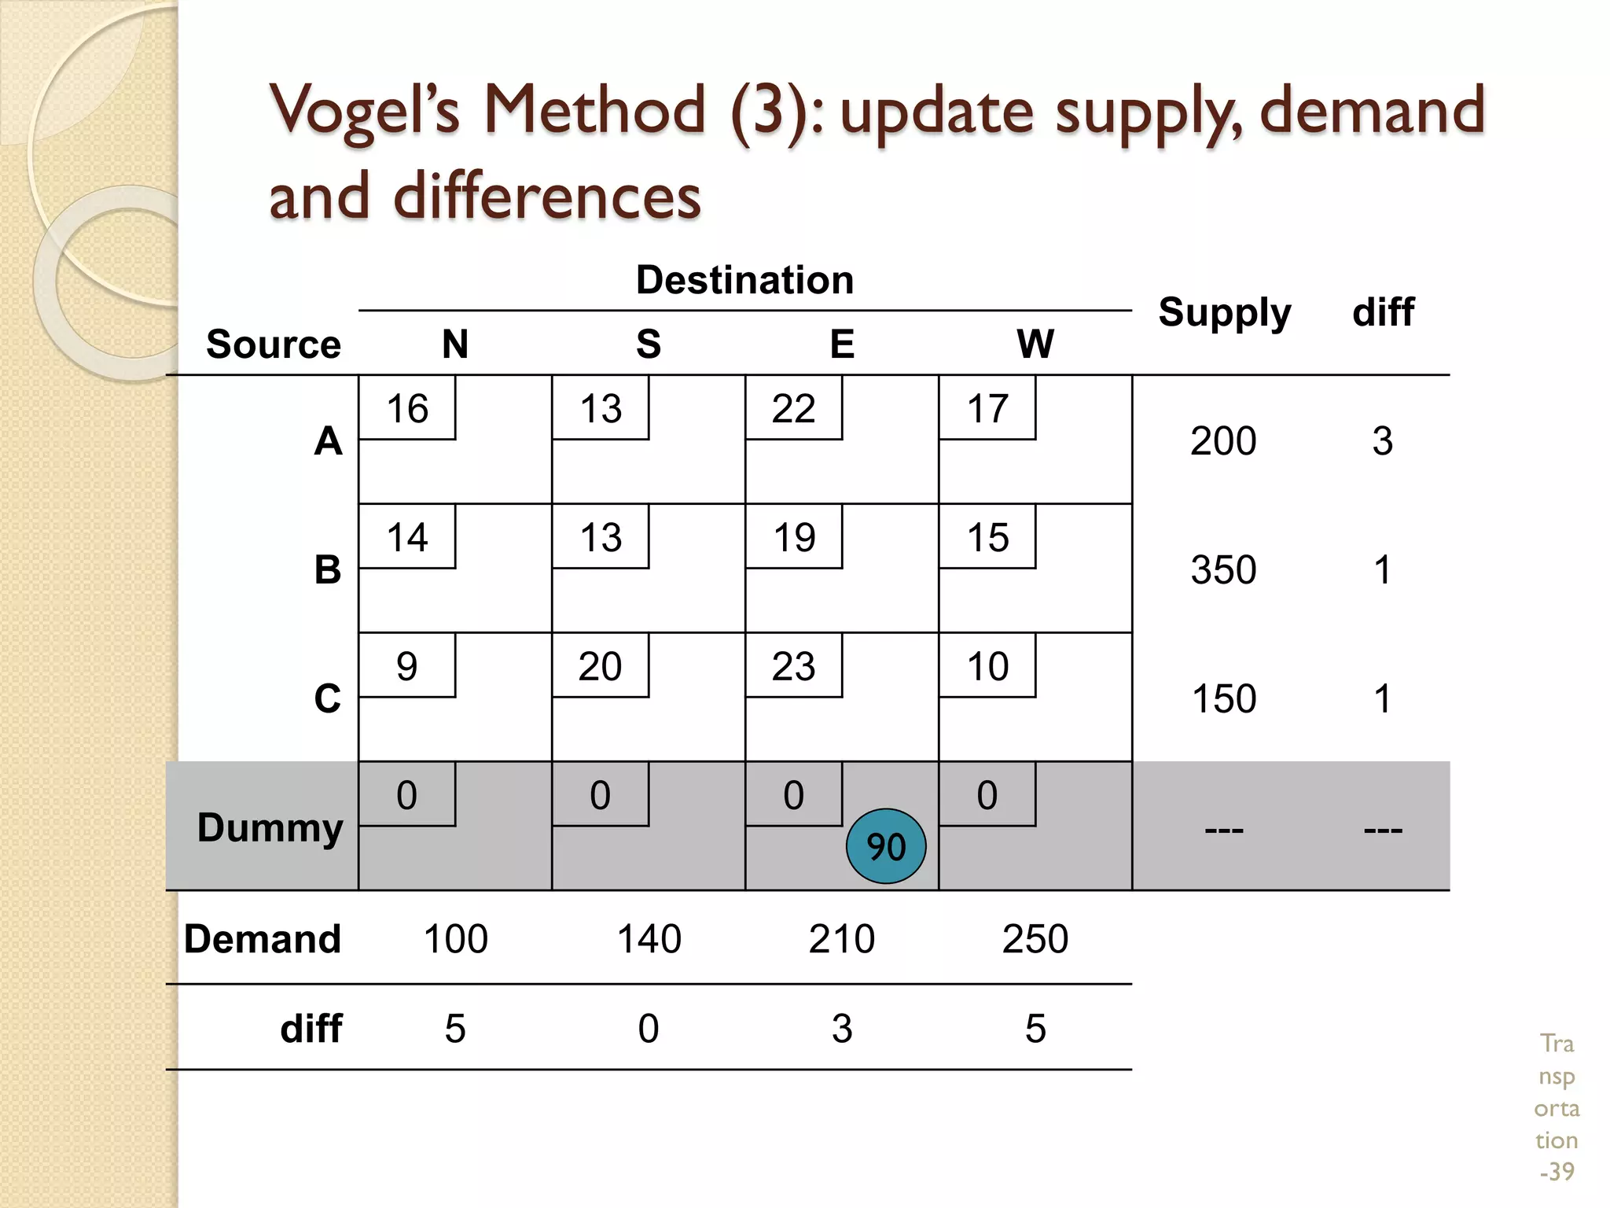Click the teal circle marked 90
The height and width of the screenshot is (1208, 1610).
click(886, 846)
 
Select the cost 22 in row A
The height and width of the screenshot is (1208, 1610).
click(793, 409)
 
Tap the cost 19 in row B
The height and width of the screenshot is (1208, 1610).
click(794, 538)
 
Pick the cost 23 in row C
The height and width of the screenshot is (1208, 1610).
click(793, 667)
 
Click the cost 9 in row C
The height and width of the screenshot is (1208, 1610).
click(406, 667)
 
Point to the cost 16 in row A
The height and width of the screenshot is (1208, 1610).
click(407, 409)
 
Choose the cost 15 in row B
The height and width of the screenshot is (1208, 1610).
click(987, 538)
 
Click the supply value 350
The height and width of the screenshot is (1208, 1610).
click(1223, 570)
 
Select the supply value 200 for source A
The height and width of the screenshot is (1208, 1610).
click(1223, 441)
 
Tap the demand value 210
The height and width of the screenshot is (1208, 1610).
click(841, 939)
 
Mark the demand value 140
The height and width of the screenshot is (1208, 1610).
click(649, 939)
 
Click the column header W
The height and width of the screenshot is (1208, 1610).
click(1035, 344)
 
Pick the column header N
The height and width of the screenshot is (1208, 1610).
click(455, 344)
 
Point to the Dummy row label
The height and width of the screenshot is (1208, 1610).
click(270, 827)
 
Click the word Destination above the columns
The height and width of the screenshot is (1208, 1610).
click(744, 280)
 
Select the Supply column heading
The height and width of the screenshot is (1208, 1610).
click(1224, 313)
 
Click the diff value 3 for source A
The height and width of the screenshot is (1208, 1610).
click(1382, 441)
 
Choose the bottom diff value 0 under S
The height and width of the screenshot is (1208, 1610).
click(649, 1029)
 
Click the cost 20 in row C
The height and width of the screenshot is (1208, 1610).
click(600, 667)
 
